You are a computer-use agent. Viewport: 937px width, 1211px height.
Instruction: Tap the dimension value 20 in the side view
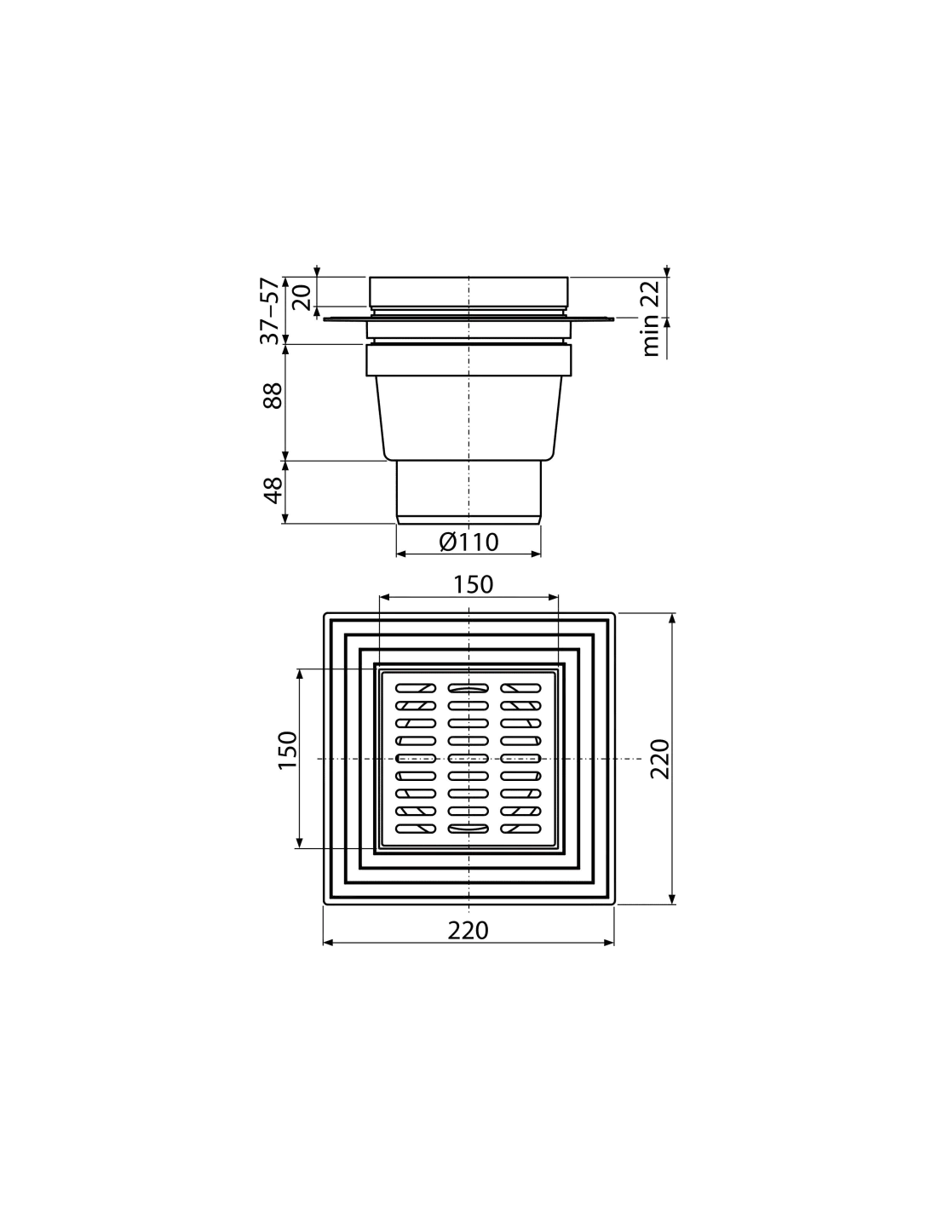pos(302,297)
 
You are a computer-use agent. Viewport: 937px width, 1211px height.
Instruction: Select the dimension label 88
pos(273,396)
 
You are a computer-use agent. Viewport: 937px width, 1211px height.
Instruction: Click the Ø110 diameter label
pos(468,542)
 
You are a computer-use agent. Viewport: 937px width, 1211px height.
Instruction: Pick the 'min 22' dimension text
pos(650,319)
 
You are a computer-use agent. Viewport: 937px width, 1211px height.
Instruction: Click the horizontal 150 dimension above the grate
pos(473,584)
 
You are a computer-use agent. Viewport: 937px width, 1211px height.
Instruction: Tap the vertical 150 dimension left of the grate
pos(288,750)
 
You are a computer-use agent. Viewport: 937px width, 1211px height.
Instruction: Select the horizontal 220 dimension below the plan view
pos(468,930)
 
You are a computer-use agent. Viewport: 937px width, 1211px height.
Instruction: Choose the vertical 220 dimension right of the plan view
pos(659,759)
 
